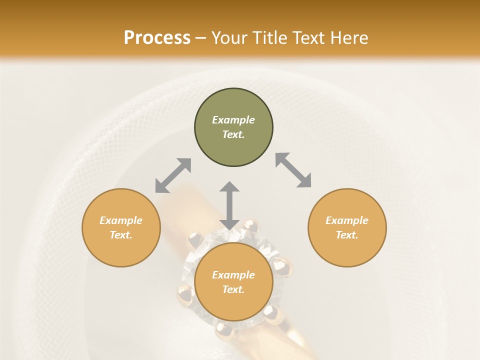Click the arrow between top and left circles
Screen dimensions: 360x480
[x=173, y=175]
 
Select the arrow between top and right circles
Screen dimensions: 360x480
[x=293, y=170]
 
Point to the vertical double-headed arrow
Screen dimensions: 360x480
[x=229, y=205]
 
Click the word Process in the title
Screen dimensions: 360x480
[x=157, y=38]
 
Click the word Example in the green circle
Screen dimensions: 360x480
[x=233, y=120]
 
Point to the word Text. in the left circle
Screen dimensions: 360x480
[x=121, y=235]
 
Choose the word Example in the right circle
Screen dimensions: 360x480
[x=347, y=220]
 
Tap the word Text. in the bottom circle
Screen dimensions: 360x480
[x=233, y=289]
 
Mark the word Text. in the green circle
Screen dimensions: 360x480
[x=233, y=134]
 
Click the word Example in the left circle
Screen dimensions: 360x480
[x=121, y=220]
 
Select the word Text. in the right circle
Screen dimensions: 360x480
[x=347, y=235]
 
